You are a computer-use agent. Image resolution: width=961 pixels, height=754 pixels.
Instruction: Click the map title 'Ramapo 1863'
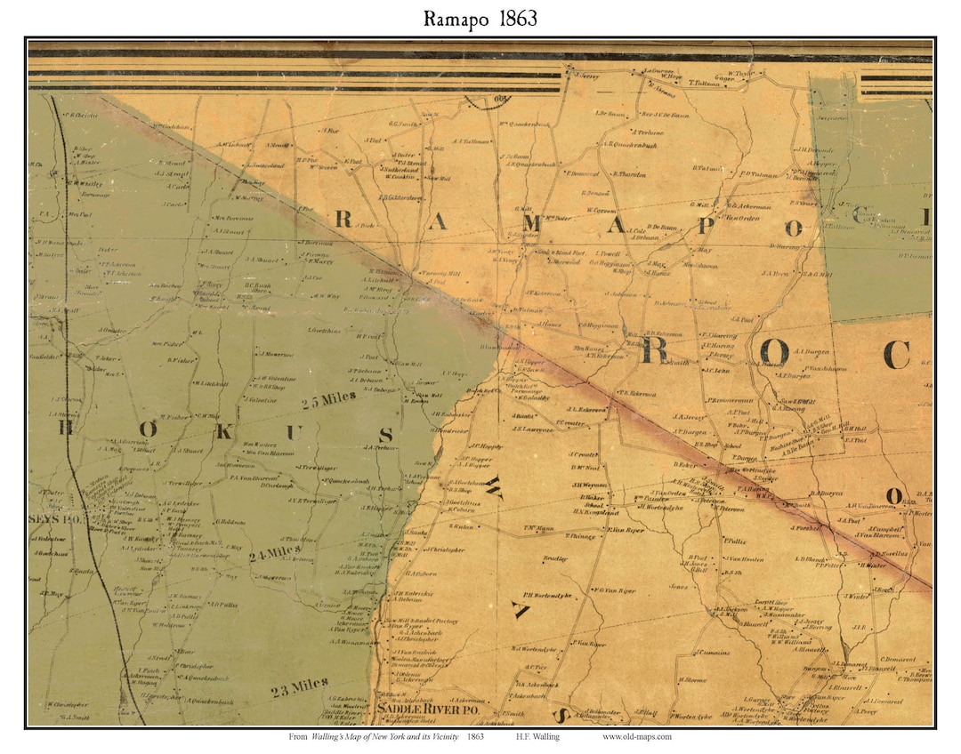(480, 18)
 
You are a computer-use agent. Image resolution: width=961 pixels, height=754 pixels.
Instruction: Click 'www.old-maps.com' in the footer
(637, 736)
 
